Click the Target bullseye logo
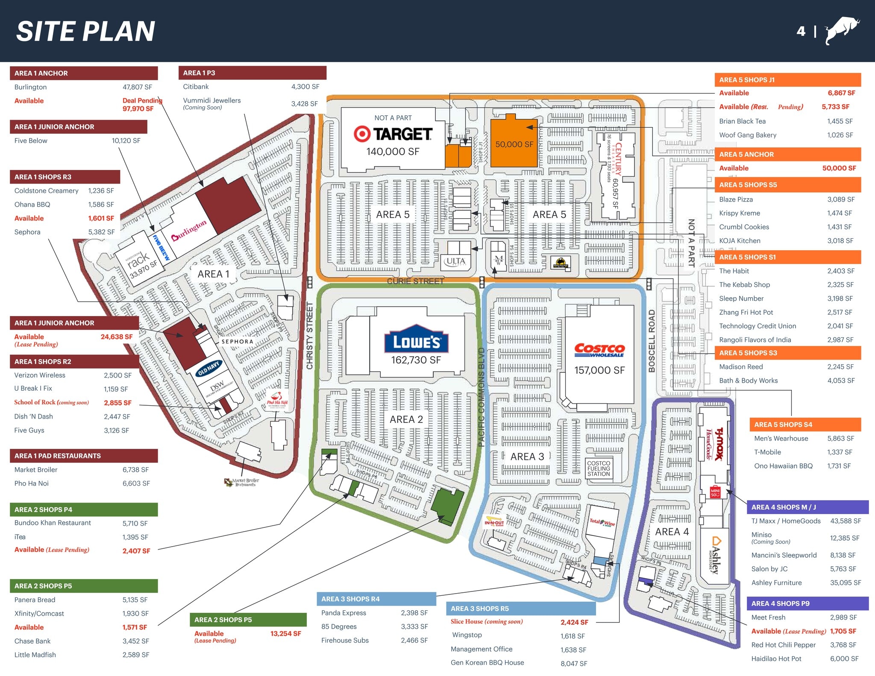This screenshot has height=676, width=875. [x=362, y=134]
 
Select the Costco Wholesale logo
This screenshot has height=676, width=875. [x=599, y=350]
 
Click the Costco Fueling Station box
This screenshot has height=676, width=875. [x=599, y=468]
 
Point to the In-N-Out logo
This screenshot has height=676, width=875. [x=493, y=523]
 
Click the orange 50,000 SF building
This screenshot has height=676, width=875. [x=514, y=144]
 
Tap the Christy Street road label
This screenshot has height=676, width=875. [x=310, y=335]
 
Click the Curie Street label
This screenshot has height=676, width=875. [x=415, y=281]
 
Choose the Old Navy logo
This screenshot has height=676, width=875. [x=208, y=368]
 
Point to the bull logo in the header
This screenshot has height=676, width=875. [x=841, y=30]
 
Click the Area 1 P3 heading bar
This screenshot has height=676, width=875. [x=252, y=73]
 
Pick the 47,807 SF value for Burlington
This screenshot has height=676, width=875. [x=137, y=87]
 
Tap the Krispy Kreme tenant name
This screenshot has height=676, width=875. [x=739, y=213]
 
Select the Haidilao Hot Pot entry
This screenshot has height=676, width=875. [x=776, y=658]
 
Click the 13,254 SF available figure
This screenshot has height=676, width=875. [x=285, y=633]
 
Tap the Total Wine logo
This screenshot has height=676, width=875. [x=602, y=522]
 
